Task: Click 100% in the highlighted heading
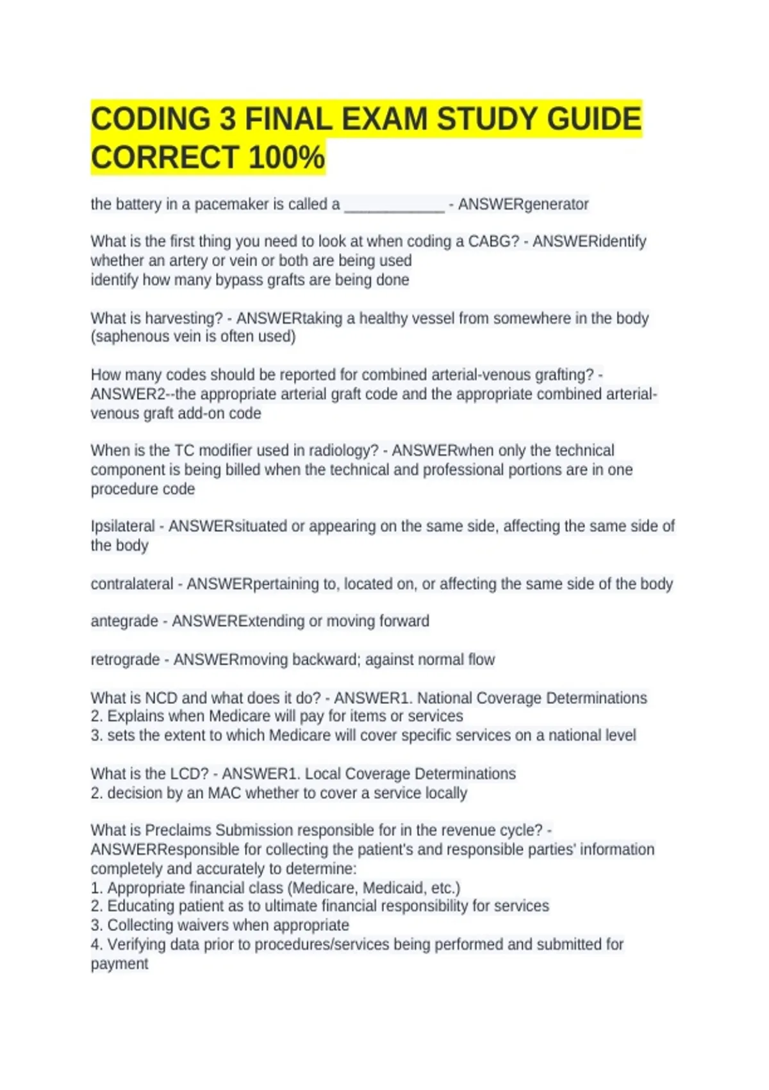[x=286, y=158]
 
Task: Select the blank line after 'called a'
[x=394, y=206]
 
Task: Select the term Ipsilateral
[x=122, y=526]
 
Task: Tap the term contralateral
[x=132, y=584]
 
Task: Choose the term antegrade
[x=124, y=621]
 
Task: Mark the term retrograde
[x=125, y=660]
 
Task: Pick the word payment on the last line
[x=119, y=964]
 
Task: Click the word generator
[x=556, y=205]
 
